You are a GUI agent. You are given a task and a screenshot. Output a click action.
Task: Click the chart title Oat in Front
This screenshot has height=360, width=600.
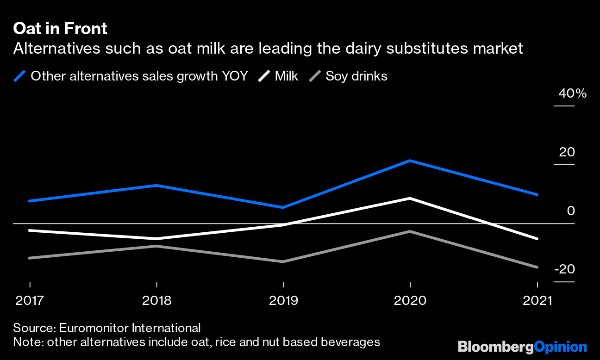(x=60, y=29)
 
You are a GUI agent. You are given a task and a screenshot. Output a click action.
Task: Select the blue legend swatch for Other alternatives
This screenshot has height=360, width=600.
(x=20, y=76)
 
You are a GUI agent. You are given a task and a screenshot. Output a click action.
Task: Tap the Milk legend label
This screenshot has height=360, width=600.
(x=287, y=76)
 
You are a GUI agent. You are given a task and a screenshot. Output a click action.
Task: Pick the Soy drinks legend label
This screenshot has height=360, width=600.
(x=356, y=76)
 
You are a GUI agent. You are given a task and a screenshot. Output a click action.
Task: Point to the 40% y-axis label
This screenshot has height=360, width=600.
(x=572, y=93)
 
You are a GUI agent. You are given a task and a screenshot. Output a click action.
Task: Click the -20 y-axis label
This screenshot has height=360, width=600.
(x=565, y=269)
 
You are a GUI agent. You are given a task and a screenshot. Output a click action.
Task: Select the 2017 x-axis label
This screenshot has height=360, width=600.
(x=30, y=301)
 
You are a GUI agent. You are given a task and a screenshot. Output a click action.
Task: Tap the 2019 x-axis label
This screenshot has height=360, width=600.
(x=283, y=301)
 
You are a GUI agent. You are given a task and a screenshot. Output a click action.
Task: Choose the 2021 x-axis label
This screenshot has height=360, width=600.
(x=537, y=301)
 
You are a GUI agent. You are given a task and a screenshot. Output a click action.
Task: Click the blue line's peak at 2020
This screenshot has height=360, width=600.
(x=410, y=161)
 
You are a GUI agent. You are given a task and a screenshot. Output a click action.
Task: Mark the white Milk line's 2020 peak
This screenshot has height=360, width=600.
(x=410, y=198)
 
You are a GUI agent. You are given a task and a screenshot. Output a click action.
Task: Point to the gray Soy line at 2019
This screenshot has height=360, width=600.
(x=283, y=261)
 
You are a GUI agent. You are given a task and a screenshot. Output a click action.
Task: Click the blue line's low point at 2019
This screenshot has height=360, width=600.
(x=283, y=207)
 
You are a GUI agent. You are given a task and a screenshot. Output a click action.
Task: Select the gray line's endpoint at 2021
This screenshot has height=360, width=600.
(x=537, y=267)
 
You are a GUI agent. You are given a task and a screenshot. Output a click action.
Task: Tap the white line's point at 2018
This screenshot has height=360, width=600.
(x=157, y=239)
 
